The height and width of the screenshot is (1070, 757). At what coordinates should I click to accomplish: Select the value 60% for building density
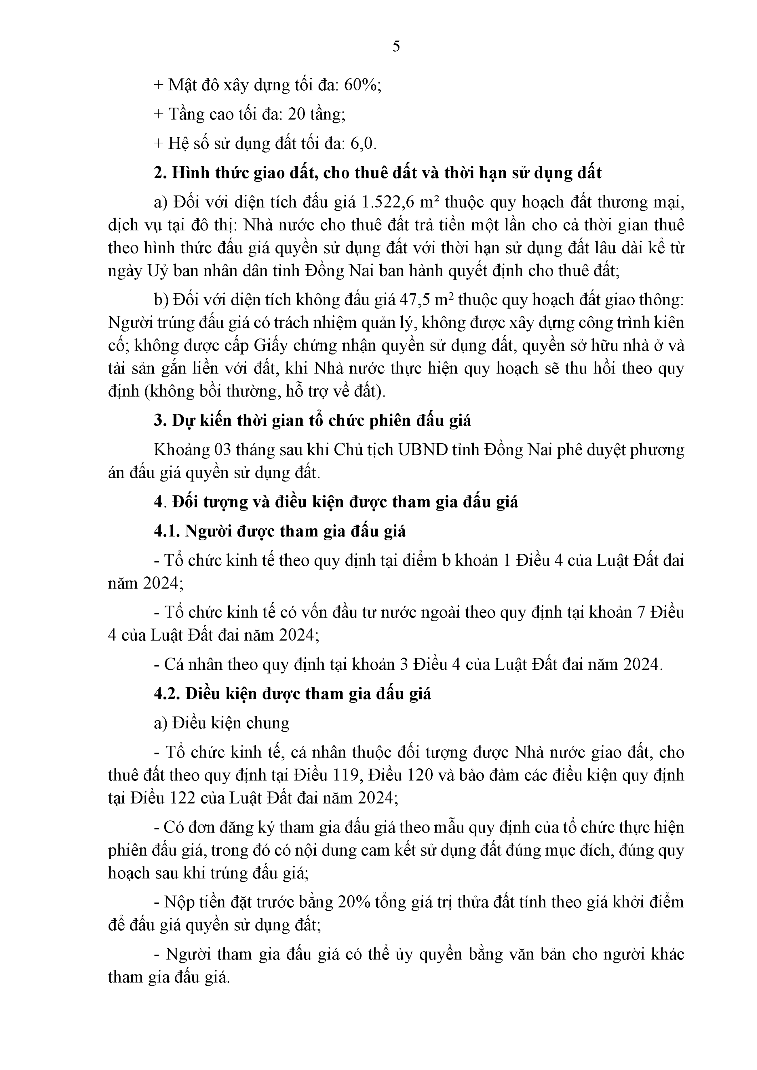361,85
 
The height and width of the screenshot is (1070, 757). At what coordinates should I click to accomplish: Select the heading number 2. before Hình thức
160,173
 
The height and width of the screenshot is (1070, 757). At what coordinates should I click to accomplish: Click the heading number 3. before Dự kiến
160,421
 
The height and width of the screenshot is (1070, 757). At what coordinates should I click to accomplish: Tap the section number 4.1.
167,531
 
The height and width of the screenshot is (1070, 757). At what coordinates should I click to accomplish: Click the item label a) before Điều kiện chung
161,723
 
